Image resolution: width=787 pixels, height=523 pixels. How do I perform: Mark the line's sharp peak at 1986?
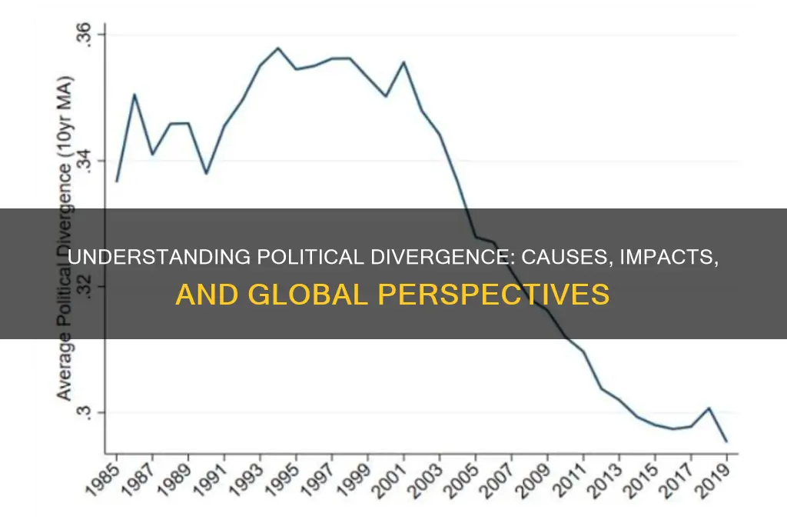pyautogui.click(x=134, y=94)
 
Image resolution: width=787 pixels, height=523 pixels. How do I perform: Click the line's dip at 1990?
pyautogui.click(x=206, y=173)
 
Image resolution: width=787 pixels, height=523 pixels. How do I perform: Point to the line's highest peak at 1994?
pyautogui.click(x=277, y=48)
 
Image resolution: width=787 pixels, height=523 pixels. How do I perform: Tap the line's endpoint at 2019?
pyautogui.click(x=726, y=441)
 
